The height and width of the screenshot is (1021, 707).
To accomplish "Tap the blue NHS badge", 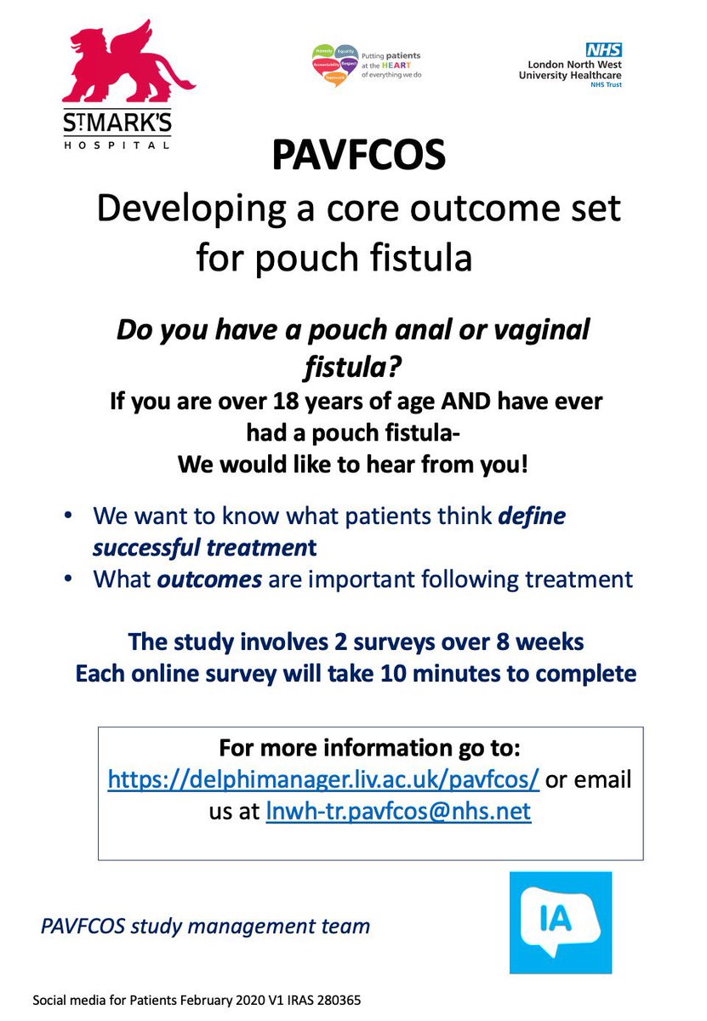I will click(602, 50).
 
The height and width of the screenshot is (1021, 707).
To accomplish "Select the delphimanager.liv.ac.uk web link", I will click(322, 779).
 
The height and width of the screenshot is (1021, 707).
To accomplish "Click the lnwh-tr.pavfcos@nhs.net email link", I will click(398, 811).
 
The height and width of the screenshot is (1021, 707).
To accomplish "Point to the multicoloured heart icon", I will click(335, 63).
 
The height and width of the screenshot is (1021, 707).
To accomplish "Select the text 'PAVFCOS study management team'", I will click(205, 926).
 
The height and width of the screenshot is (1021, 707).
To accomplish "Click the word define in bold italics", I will click(532, 516).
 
